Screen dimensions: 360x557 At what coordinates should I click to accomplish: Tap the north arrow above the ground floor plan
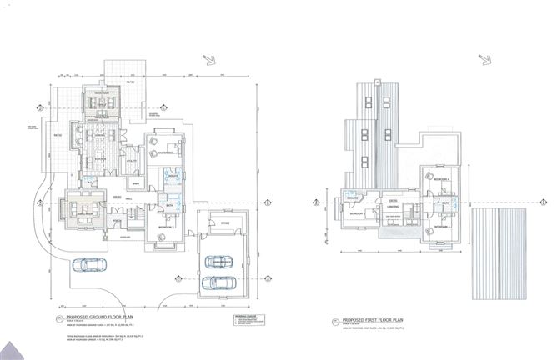(x=209, y=59)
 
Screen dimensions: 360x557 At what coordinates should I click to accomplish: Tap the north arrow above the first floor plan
(x=484, y=59)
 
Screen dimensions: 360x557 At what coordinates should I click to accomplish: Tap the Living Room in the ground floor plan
(x=86, y=211)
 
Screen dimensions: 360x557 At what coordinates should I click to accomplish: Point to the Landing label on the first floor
(x=392, y=209)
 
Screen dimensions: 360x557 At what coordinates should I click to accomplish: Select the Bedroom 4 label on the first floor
(x=441, y=180)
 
